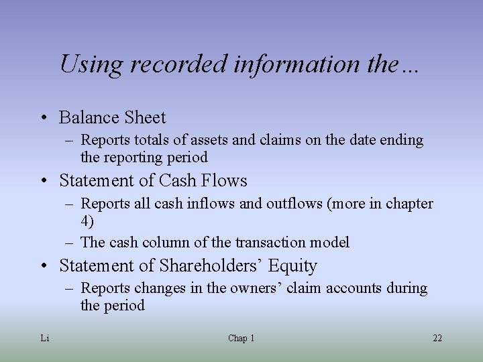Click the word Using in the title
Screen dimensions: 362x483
pyautogui.click(x=92, y=65)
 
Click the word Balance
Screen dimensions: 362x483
pyautogui.click(x=87, y=117)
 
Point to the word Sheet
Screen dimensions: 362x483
pyautogui.click(x=143, y=117)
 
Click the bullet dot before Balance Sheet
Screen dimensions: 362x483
pyautogui.click(x=43, y=118)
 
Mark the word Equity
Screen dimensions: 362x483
pyautogui.click(x=292, y=265)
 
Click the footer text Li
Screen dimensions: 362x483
pyautogui.click(x=45, y=338)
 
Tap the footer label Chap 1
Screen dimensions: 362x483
pyautogui.click(x=241, y=338)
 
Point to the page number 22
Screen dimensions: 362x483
pyautogui.click(x=437, y=338)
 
